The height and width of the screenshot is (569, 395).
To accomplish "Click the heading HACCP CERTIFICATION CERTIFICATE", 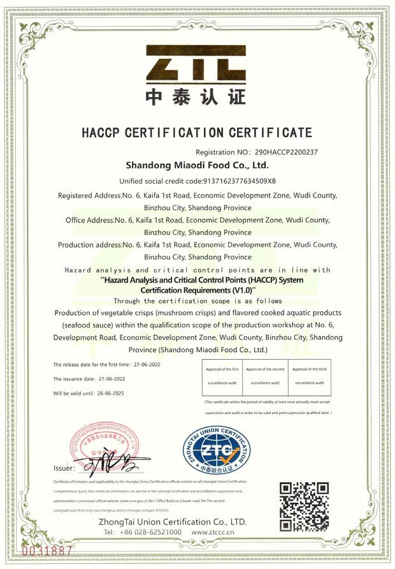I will [x=197, y=133].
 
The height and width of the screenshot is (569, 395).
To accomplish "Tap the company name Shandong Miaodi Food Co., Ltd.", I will [x=197, y=166].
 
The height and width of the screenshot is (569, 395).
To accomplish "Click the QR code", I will [x=305, y=507].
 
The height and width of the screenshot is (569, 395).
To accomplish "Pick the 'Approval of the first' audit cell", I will [x=222, y=376].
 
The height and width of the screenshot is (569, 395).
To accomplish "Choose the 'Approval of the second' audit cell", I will [x=265, y=376].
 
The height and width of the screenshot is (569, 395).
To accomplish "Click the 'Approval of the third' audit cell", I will [x=309, y=376].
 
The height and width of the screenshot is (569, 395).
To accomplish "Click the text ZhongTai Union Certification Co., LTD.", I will [x=173, y=521].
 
